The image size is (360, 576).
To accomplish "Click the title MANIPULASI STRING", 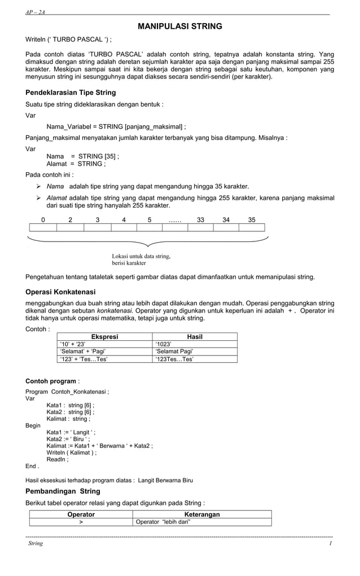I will [180, 26].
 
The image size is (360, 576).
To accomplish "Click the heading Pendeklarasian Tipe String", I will [71, 92].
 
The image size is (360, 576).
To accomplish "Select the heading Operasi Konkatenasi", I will [60, 292].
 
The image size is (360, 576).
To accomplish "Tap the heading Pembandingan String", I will [63, 491].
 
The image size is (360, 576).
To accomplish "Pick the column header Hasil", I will [195, 337].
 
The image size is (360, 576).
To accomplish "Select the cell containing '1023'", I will [165, 344].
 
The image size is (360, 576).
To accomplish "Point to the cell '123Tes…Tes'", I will [174, 359].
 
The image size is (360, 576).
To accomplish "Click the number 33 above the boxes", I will [200, 220].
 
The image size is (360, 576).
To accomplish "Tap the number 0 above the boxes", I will [43, 220].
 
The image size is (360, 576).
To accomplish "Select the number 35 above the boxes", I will [252, 220].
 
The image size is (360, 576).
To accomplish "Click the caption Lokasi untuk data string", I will [141, 256].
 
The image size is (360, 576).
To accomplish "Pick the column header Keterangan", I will [202, 515].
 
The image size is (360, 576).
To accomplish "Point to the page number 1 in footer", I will [331, 543].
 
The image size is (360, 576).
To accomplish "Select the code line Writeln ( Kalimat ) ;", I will [71, 452].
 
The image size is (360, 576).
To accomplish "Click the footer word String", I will [36, 543].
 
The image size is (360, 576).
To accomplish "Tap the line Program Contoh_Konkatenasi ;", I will [68, 391].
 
